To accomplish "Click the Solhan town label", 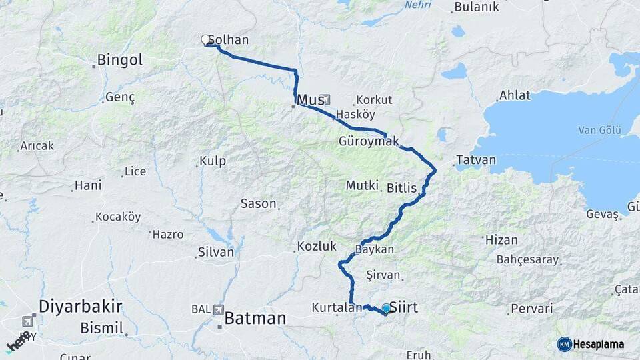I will tap(232, 40).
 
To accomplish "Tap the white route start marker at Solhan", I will tap(206, 40).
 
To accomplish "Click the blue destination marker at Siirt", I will tap(385, 308).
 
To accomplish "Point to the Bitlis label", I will tap(402, 189).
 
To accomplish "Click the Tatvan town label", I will tap(476, 161).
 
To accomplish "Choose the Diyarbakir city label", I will tap(81, 307).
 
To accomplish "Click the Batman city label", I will tap(255, 318).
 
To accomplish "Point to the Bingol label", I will tap(120, 60).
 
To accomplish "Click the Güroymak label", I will tap(369, 141).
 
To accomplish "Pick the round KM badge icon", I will tap(564, 344).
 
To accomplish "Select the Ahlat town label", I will tap(515, 95).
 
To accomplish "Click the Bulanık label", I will tap(476, 7).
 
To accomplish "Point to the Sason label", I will tap(258, 204).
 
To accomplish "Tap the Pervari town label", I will tap(531, 309).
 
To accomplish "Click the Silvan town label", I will tap(216, 253).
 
